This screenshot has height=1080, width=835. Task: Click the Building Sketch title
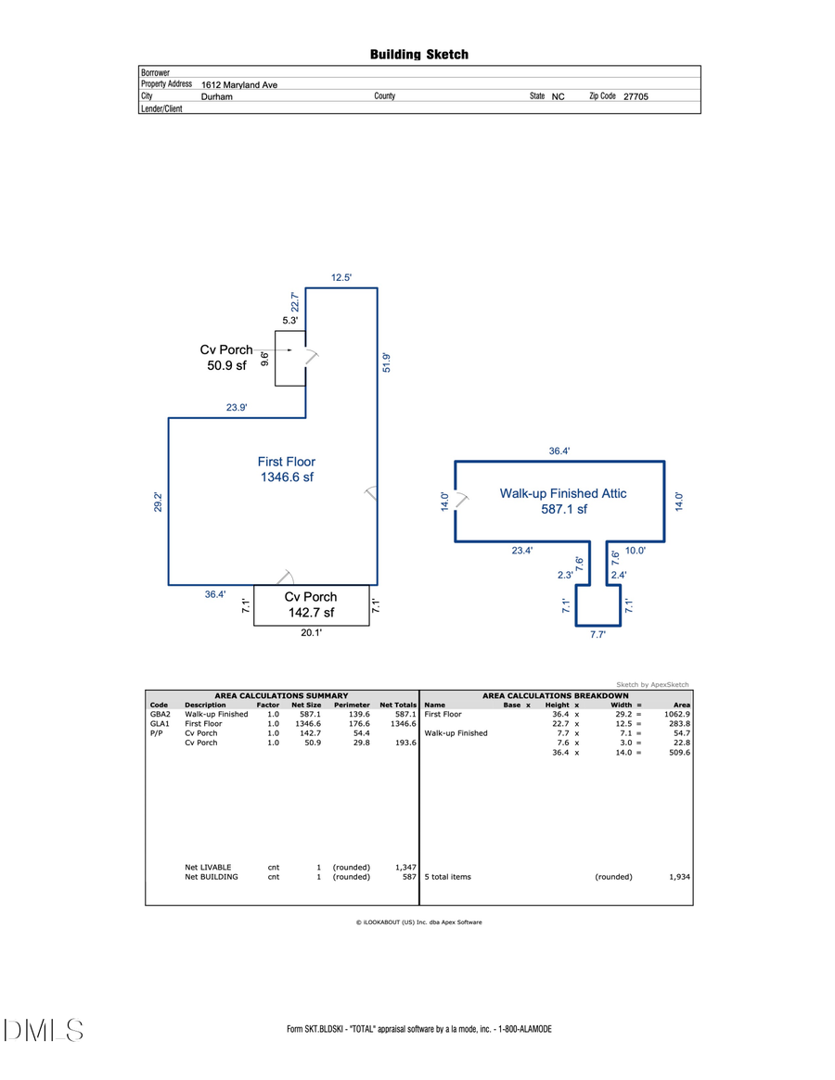pos(419,55)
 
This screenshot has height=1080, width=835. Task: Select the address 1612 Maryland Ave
pos(239,84)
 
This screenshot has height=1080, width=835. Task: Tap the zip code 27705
pos(636,96)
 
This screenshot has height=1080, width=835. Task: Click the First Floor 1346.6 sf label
pos(287,469)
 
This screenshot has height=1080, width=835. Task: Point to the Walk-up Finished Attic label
pos(563,501)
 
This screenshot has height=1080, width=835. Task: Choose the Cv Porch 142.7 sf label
pos(311,604)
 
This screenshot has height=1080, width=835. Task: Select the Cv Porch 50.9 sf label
pos(226,357)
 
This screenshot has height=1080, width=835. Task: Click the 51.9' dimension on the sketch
pos(387,362)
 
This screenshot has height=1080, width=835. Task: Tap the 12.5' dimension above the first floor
pos(341,277)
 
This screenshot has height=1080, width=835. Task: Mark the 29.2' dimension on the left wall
pos(159,502)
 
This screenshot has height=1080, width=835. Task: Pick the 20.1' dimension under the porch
pos(311,634)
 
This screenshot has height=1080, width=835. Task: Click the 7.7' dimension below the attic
pos(598,635)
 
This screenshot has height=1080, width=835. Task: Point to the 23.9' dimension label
pos(237,407)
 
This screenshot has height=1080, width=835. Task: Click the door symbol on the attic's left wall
pos(460,501)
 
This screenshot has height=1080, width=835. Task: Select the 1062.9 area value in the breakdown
pos(676,715)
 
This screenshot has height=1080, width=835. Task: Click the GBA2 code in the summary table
pos(160,715)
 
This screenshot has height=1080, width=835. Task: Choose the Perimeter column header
pos(352,705)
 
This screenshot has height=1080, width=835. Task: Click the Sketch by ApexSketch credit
pos(652,684)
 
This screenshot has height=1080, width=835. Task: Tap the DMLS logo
pos(44,1030)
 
